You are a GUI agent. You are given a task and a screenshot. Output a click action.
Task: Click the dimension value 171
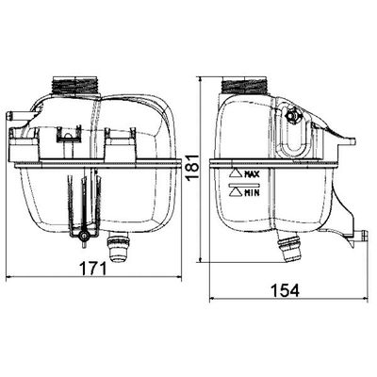coord(92,269)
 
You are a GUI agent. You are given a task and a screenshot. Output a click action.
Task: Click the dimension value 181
coord(193,167)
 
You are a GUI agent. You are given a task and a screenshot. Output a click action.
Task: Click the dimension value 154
coord(286,290)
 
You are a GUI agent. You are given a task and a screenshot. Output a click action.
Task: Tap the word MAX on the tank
coord(252,173)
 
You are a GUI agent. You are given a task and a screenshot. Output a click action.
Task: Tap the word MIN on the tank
coord(252,192)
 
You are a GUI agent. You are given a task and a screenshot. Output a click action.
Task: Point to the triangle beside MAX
coord(236,173)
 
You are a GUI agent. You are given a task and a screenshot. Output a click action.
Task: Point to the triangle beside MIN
coord(236,192)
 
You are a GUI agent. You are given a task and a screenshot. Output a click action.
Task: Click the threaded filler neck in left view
coord(75,85)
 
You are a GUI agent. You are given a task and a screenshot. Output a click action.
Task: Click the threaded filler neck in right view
coord(244,85)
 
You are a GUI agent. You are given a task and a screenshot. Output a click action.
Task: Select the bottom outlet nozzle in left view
coord(118,247)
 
